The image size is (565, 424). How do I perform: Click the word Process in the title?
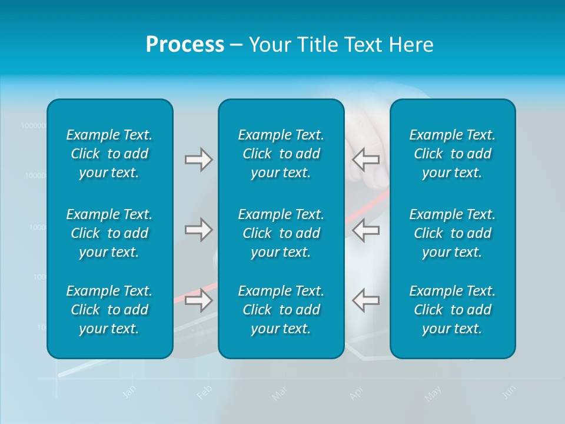click(x=185, y=45)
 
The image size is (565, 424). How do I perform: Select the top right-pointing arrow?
click(x=199, y=160)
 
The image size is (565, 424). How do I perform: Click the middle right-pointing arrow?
click(x=199, y=229)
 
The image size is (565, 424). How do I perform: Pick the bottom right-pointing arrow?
click(x=199, y=300)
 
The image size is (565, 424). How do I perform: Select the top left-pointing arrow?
click(x=365, y=159)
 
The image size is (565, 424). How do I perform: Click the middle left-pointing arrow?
click(x=365, y=229)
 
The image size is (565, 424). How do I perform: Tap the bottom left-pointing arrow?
click(x=365, y=300)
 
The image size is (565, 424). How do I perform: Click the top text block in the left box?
click(x=109, y=154)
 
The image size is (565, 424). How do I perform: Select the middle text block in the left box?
click(x=109, y=233)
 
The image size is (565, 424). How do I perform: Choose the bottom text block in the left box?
click(x=109, y=310)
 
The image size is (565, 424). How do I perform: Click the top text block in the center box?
click(x=281, y=154)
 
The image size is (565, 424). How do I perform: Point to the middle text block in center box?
click(x=281, y=233)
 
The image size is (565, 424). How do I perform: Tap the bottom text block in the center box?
click(x=281, y=310)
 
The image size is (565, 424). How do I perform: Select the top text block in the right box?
click(x=453, y=154)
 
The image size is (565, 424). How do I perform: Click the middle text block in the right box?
click(x=453, y=233)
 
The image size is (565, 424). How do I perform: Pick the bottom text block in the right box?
click(x=453, y=310)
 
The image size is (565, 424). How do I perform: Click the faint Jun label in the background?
click(x=510, y=392)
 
